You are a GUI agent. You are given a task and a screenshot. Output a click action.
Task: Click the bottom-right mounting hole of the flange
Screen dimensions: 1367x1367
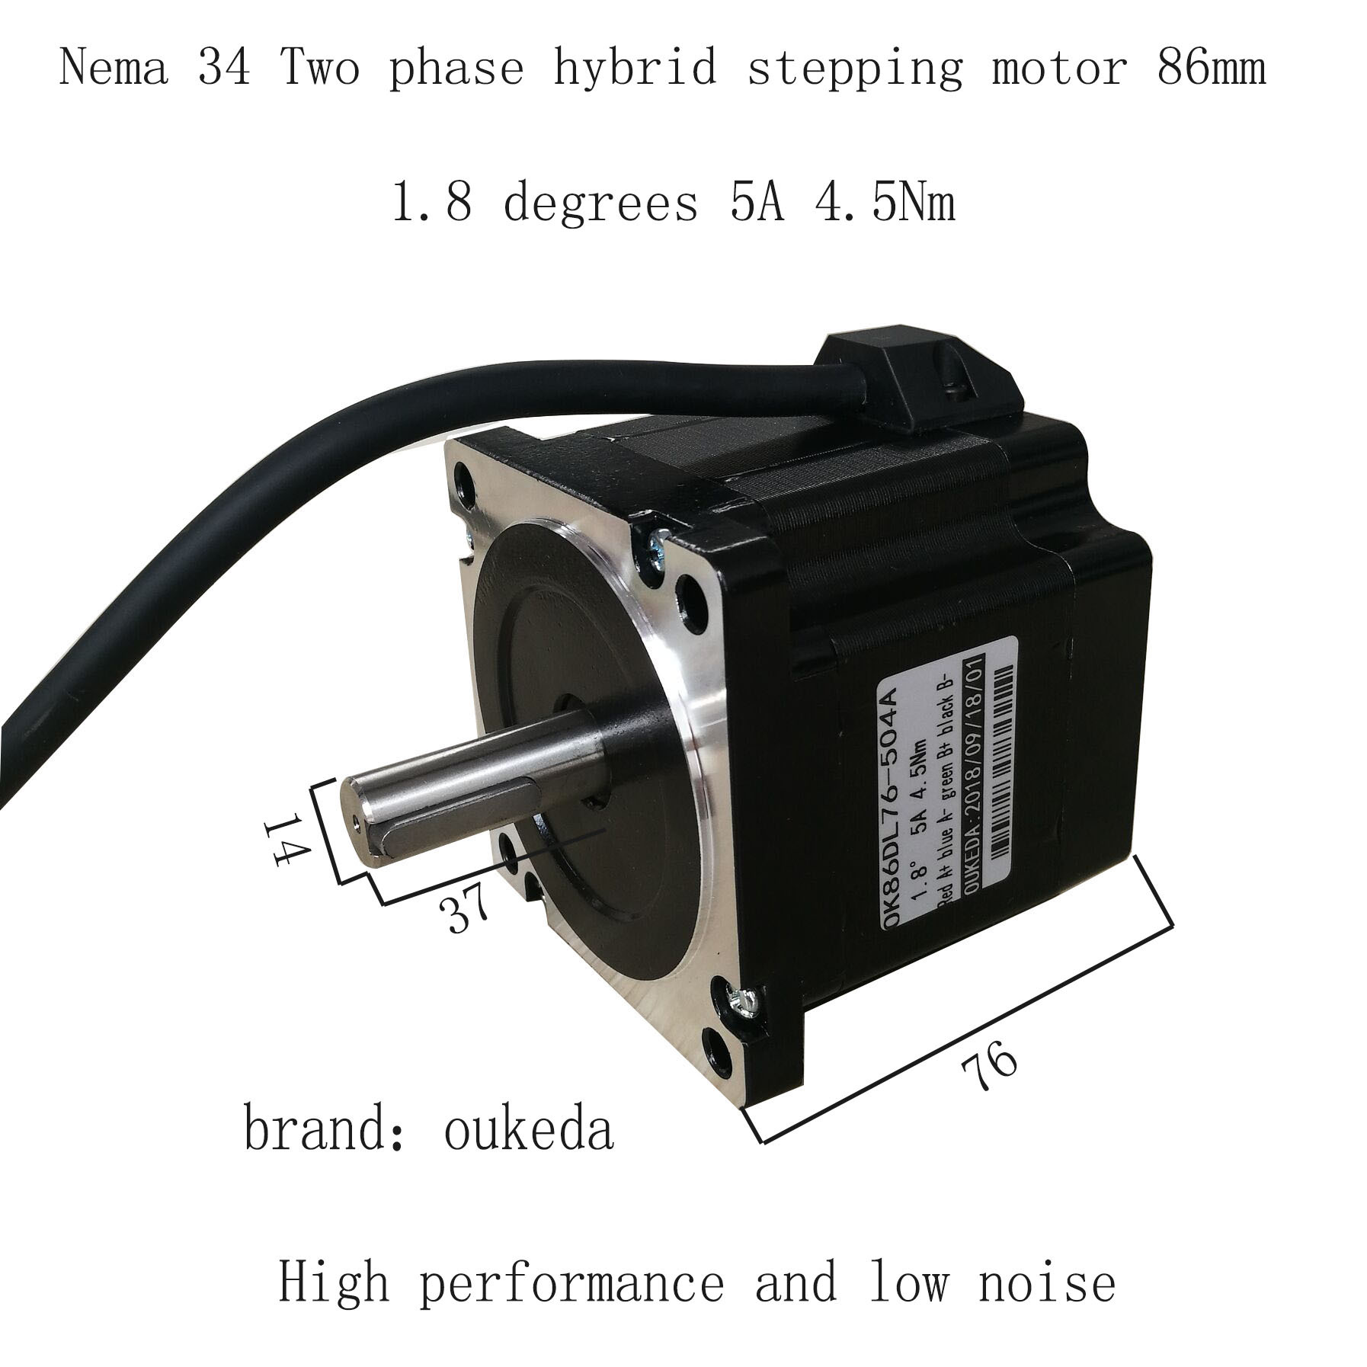click(x=719, y=1051)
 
